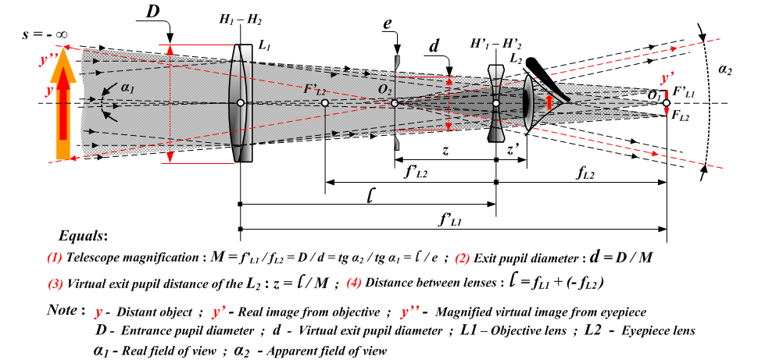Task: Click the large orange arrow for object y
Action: (63, 109)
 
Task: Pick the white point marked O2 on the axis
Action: (395, 103)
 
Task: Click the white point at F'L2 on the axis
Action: (324, 103)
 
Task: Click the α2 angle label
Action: (724, 70)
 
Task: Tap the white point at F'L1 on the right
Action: (666, 103)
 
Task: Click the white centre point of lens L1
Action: (241, 103)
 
